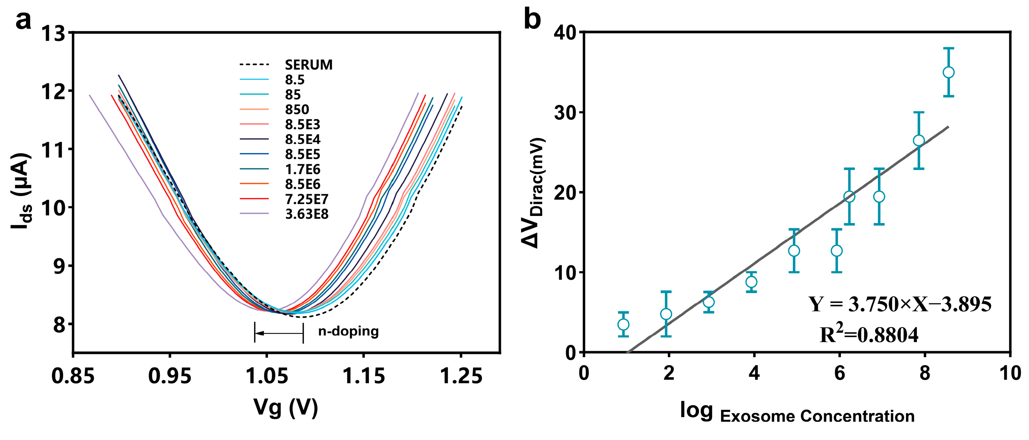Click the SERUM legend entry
pyautogui.click(x=308, y=65)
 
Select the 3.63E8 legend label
pyautogui.click(x=306, y=215)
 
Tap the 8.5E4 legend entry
pyautogui.click(x=302, y=139)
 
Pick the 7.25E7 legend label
pyautogui.click(x=306, y=199)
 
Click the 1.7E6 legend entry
pyautogui.click(x=302, y=170)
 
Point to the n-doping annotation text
pyautogui.click(x=348, y=331)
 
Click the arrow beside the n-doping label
pyautogui.click(x=279, y=333)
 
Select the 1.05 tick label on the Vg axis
pyautogui.click(x=266, y=376)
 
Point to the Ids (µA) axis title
pyautogui.click(x=21, y=191)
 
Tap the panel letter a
pyautogui.click(x=23, y=20)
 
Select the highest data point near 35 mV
pyautogui.click(x=948, y=72)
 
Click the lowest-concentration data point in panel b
pyautogui.click(x=623, y=324)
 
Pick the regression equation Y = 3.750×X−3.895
pyautogui.click(x=900, y=305)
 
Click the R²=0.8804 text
pyautogui.click(x=869, y=335)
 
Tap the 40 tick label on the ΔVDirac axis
pyautogui.click(x=565, y=33)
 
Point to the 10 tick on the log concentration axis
pyautogui.click(x=1010, y=374)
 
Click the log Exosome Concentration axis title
pyautogui.click(x=797, y=413)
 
